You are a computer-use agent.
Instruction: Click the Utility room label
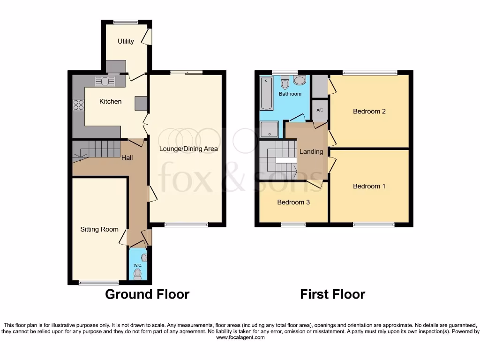[126, 41]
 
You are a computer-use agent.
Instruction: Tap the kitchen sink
[105, 82]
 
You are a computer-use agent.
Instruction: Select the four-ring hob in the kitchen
[78, 105]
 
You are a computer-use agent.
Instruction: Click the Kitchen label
[110, 101]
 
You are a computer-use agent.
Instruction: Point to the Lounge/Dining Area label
[188, 149]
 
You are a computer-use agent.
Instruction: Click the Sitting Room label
[99, 229]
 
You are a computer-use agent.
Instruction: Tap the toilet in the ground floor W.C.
[137, 273]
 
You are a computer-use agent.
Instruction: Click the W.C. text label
[138, 265]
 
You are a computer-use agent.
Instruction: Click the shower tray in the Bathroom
[269, 129]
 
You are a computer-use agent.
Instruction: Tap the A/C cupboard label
[320, 110]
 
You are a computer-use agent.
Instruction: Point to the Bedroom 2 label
[369, 111]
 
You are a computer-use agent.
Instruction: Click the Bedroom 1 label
[369, 186]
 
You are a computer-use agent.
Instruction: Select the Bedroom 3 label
[293, 202]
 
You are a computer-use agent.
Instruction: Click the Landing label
[311, 151]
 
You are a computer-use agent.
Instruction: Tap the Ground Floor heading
[147, 294]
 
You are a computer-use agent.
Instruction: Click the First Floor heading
[332, 294]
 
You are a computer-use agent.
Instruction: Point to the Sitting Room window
[98, 282]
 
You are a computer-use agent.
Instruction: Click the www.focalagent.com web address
[240, 337]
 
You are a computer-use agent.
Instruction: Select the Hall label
[127, 157]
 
